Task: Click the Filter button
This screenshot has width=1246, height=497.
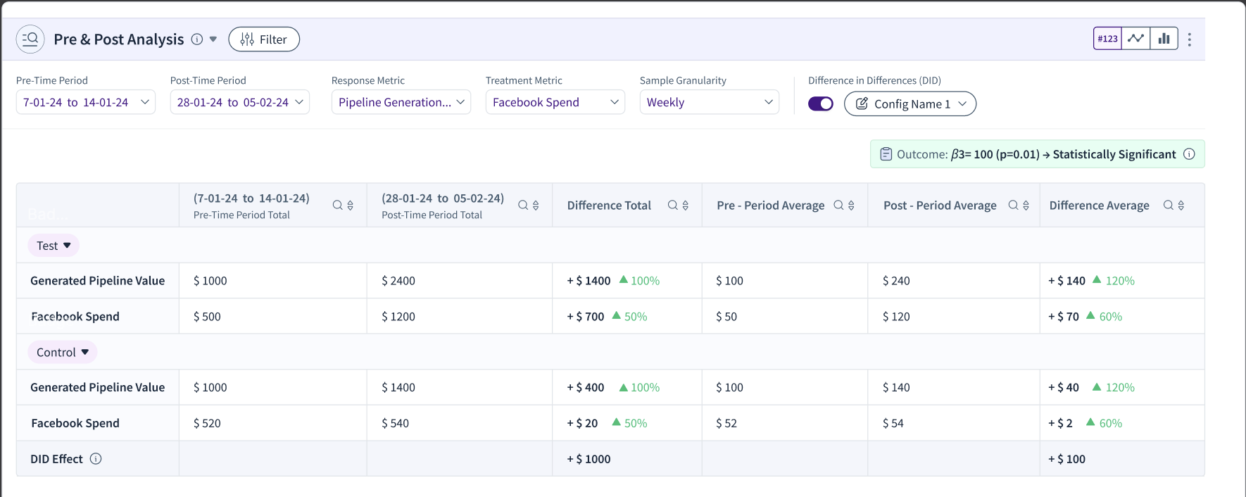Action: point(264,39)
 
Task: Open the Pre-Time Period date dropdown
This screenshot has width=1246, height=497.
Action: point(85,102)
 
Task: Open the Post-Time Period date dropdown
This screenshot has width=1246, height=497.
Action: point(239,102)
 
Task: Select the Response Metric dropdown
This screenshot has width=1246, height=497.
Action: point(401,102)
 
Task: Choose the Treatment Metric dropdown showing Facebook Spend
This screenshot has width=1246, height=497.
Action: point(555,102)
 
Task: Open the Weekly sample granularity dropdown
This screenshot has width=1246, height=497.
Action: point(709,102)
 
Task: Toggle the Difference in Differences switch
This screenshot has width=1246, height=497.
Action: point(821,104)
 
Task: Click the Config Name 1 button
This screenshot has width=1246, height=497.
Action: point(910,104)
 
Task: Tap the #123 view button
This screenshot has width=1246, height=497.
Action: point(1107,39)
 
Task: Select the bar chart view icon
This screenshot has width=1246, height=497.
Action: point(1164,39)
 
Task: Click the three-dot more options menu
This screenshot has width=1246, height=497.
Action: point(1190,39)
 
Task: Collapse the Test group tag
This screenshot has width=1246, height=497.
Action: point(54,246)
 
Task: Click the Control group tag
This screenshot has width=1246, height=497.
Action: point(63,352)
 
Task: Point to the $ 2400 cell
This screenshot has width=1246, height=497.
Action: point(398,281)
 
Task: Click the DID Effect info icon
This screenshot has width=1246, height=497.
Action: point(96,459)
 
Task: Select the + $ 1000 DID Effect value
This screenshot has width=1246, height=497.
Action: point(589,459)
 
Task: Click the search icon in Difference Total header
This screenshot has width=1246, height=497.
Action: point(672,205)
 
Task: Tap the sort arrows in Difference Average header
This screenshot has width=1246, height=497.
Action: point(1181,206)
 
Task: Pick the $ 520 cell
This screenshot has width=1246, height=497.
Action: point(207,423)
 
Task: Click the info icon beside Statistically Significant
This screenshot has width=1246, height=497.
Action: point(1189,154)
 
